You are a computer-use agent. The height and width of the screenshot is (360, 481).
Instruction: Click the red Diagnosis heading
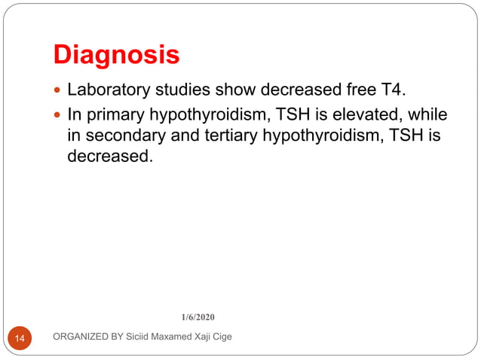pos(116,55)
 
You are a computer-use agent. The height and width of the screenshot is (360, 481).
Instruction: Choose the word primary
pos(116,115)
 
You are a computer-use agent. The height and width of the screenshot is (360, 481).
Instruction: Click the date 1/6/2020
pos(199,316)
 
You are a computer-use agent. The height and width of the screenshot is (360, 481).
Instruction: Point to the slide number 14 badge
pos(20,339)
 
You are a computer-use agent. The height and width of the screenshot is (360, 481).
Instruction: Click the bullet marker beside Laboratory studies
pos(58,92)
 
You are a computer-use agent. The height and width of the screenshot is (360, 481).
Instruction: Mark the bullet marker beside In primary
pos(58,116)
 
